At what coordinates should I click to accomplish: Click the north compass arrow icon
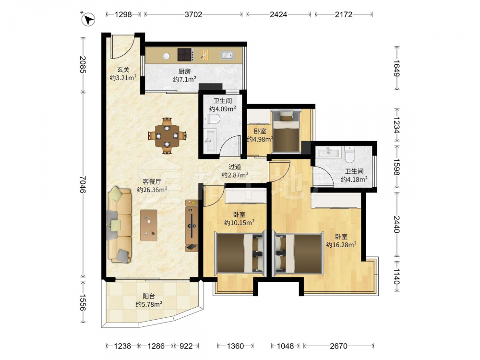click(x=88, y=19)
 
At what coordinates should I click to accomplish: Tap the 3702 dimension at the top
click(x=193, y=14)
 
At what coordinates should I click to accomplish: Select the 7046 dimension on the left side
click(x=83, y=184)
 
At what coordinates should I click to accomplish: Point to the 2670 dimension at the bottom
click(x=338, y=346)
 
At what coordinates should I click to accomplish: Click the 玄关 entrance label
click(x=123, y=70)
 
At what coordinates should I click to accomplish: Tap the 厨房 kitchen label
click(x=185, y=72)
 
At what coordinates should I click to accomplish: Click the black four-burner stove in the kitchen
click(x=185, y=55)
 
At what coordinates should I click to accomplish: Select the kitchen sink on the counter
click(x=227, y=55)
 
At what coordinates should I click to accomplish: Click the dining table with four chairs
click(x=167, y=136)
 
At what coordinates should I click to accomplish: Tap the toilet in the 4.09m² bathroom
click(x=212, y=119)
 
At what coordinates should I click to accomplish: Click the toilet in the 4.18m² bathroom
click(x=349, y=155)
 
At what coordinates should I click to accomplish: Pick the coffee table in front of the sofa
click(x=149, y=225)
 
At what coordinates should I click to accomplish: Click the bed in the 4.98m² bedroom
click(x=286, y=131)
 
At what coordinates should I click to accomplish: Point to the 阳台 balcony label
click(x=149, y=296)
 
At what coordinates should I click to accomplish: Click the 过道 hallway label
click(x=235, y=167)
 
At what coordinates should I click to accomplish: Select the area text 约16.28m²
click(x=341, y=245)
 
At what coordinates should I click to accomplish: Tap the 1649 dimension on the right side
click(x=397, y=68)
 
